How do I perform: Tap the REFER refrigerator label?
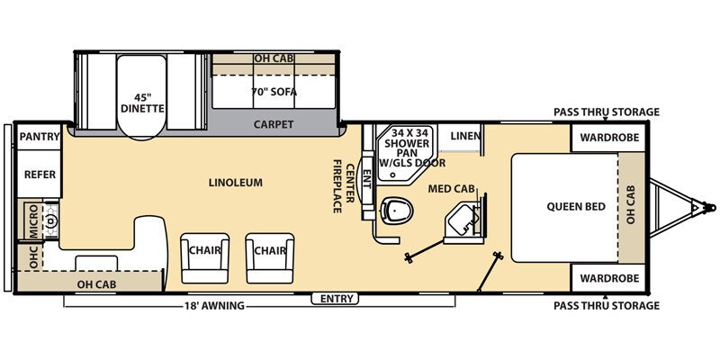(40, 175)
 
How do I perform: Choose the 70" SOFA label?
(274, 92)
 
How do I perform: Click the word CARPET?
(274, 124)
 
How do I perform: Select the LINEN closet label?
(464, 137)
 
